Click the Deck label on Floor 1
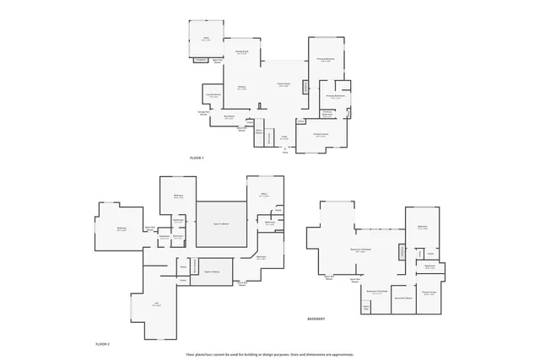click(205, 39)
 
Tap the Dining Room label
click(241, 52)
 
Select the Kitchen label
click(241, 87)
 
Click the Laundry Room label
click(213, 95)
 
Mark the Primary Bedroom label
click(326, 59)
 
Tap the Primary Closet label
click(321, 134)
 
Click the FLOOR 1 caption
click(197, 158)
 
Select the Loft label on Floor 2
click(156, 305)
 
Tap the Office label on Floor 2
click(264, 195)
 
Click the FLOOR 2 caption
click(102, 345)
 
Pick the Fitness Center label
click(429, 293)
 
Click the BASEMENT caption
click(317, 319)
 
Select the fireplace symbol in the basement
click(402, 252)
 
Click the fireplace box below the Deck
click(201, 60)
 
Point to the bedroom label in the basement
click(422, 227)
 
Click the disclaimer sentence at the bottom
click(270, 353)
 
